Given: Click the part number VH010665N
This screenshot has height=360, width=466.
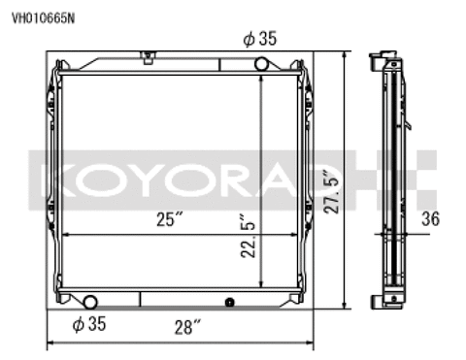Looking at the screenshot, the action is [43, 18].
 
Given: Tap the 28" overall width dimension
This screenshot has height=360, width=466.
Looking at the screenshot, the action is [187, 327].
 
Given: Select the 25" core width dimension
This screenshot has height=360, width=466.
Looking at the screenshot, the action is [170, 219].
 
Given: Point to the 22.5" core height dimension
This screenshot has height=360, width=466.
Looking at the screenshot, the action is [249, 235].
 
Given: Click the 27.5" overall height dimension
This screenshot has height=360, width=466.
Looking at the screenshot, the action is [332, 191].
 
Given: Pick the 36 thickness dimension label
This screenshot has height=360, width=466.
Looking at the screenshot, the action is [431, 218].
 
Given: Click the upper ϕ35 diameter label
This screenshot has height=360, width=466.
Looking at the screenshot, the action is [260, 39].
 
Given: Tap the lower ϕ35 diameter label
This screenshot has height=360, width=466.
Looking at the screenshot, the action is [89, 324].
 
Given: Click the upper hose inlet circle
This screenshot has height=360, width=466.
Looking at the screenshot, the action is [261, 64].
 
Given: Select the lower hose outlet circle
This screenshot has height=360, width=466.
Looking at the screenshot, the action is [90, 302].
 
